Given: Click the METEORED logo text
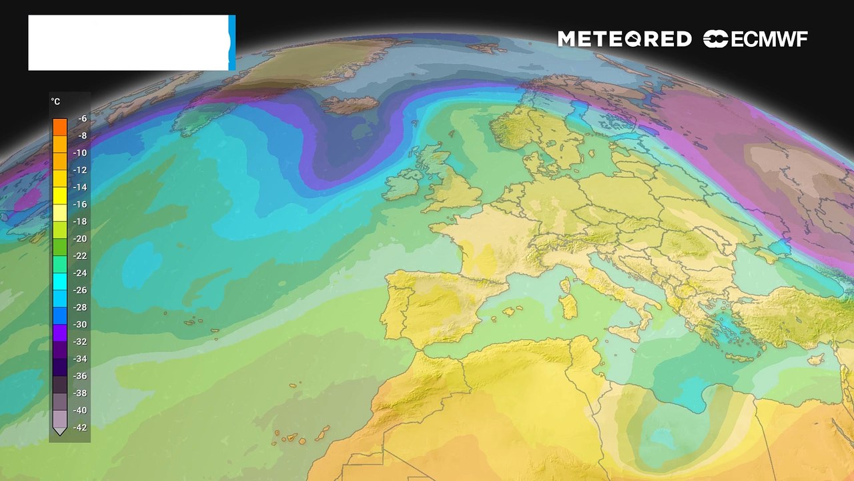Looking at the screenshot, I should [x=624, y=39].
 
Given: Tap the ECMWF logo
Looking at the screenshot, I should [x=755, y=39].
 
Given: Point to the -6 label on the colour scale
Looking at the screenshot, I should [x=82, y=119].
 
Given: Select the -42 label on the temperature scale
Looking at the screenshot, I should [x=81, y=428].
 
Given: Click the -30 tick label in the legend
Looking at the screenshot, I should [x=81, y=325].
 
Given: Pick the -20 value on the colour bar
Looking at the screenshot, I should [x=81, y=238].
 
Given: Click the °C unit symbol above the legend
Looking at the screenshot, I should [x=56, y=102].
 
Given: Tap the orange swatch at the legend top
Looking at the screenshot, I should [x=60, y=126].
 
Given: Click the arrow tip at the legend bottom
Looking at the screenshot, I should [x=60, y=432].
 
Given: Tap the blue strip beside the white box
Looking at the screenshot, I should [x=232, y=43].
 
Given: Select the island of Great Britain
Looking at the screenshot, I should [x=454, y=187].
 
